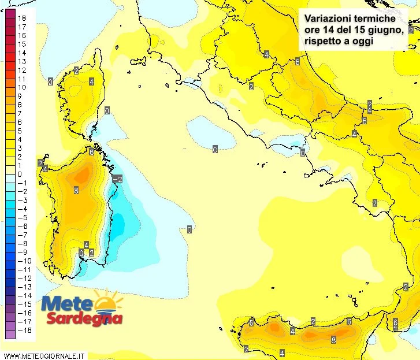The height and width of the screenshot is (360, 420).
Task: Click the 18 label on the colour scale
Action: [23, 18]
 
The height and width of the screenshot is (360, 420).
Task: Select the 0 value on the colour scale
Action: [20, 174]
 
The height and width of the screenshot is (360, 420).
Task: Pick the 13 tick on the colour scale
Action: [22, 61]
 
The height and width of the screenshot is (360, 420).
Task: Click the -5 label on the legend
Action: [21, 217]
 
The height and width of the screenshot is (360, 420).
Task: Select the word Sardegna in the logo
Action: [84, 318]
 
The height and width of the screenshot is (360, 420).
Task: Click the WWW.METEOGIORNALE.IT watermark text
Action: [44, 355]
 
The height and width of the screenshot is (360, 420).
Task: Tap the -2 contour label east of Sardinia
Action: [117, 179]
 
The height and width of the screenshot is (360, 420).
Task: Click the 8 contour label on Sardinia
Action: [76, 190]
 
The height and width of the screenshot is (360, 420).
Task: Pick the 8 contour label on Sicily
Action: [333, 340]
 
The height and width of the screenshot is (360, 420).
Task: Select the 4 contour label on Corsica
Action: [91, 81]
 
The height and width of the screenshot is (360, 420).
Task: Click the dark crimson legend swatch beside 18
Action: [10, 18]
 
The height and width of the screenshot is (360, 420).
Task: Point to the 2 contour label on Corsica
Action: [76, 70]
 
